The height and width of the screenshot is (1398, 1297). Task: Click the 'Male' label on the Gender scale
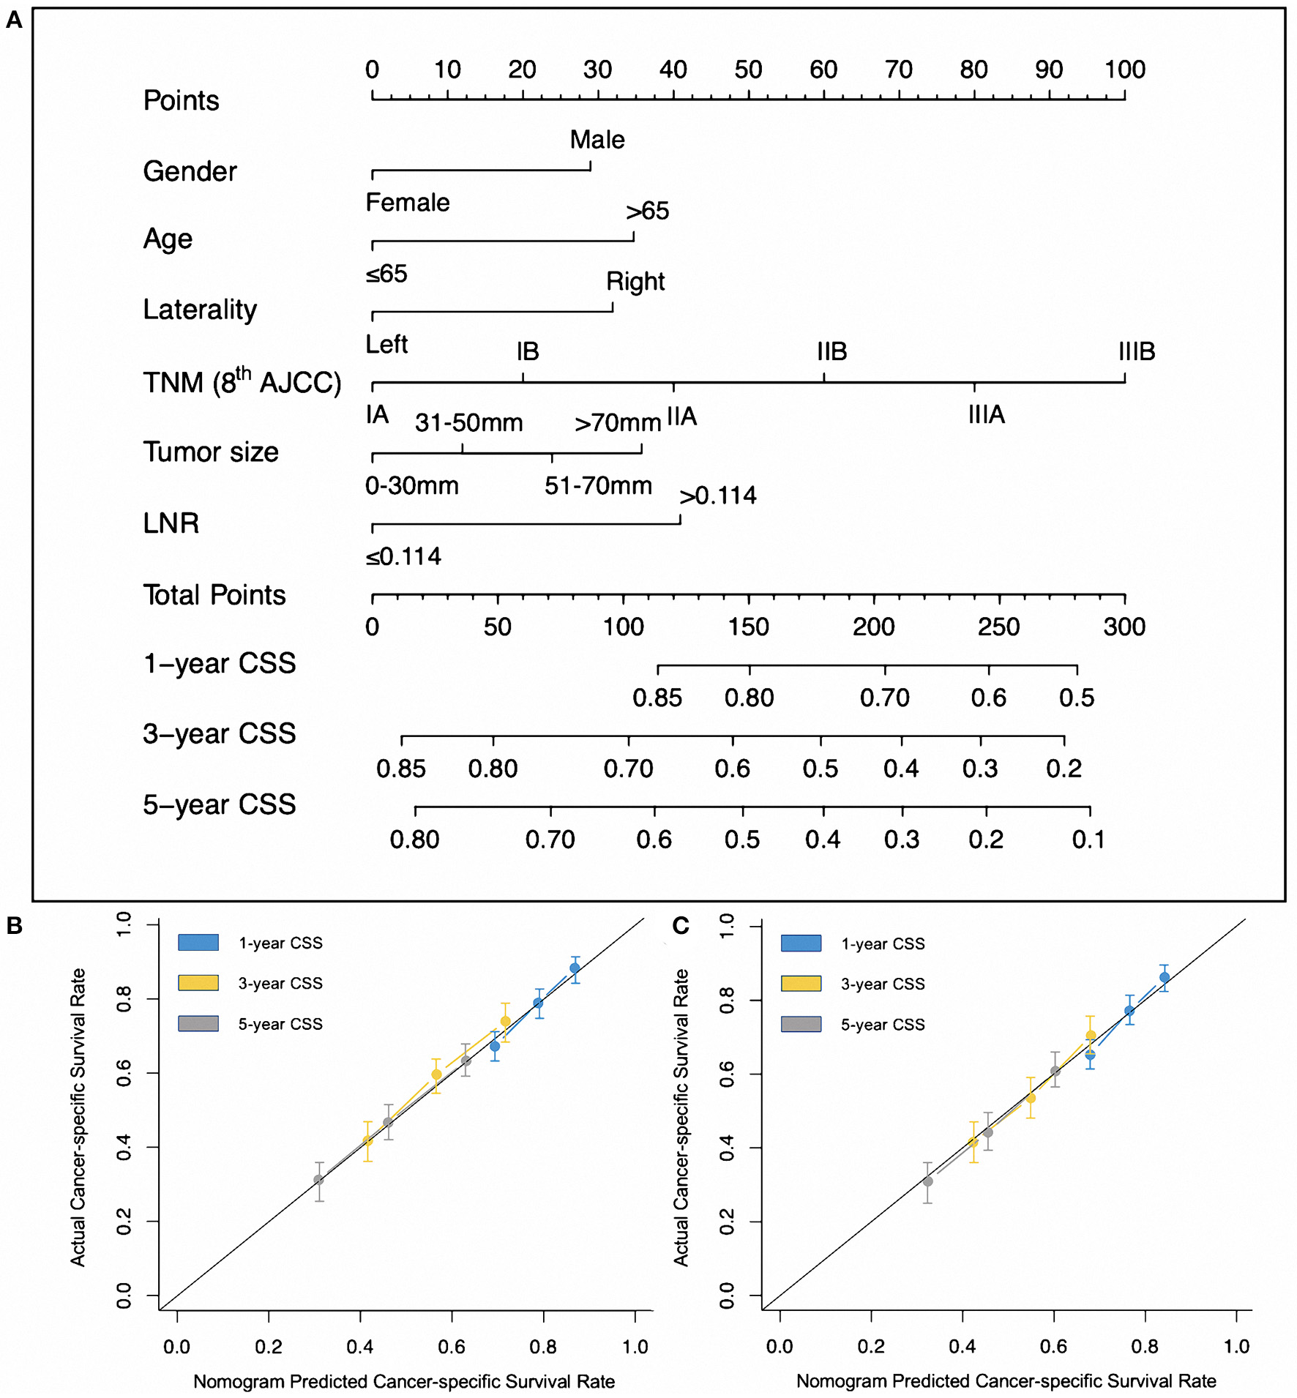pos(597,140)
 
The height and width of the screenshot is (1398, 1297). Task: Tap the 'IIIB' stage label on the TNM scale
pos(1136,352)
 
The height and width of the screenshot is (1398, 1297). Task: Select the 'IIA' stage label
pos(681,417)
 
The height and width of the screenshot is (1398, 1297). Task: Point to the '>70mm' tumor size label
pos(618,423)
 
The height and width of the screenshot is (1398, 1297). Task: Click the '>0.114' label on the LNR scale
pos(717,496)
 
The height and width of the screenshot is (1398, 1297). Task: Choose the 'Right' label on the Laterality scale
pos(635,282)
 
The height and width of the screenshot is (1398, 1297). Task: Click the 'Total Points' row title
pos(214,595)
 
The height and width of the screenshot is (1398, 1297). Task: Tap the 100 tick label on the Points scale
pos(1124,70)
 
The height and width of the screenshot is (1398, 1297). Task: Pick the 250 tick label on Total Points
pos(999,627)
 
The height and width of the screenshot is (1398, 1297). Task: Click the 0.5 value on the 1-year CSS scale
pos(1077,698)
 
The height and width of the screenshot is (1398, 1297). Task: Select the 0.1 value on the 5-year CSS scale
pos(1089,840)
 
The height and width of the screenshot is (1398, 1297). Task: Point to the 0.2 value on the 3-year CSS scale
pos(1064,769)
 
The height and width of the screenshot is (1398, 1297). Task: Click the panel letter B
pos(14,926)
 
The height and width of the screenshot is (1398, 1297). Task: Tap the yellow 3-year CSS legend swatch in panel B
pos(198,983)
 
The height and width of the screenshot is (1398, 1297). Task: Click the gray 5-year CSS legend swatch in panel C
pos(801,1024)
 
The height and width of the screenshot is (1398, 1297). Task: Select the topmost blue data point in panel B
pos(575,968)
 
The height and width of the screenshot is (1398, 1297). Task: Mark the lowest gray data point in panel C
pos(927,1181)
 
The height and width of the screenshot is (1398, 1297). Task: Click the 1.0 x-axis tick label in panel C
pos(1236,1346)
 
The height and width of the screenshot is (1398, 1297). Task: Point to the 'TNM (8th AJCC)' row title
pos(242,382)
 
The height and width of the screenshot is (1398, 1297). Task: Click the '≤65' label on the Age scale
pos(386,274)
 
